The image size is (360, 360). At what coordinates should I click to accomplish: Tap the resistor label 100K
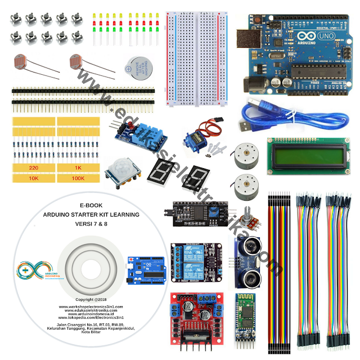pos(79,178)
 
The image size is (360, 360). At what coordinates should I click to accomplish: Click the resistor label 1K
pos(79,168)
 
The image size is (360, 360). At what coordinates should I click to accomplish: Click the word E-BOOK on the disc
pos(91,205)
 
